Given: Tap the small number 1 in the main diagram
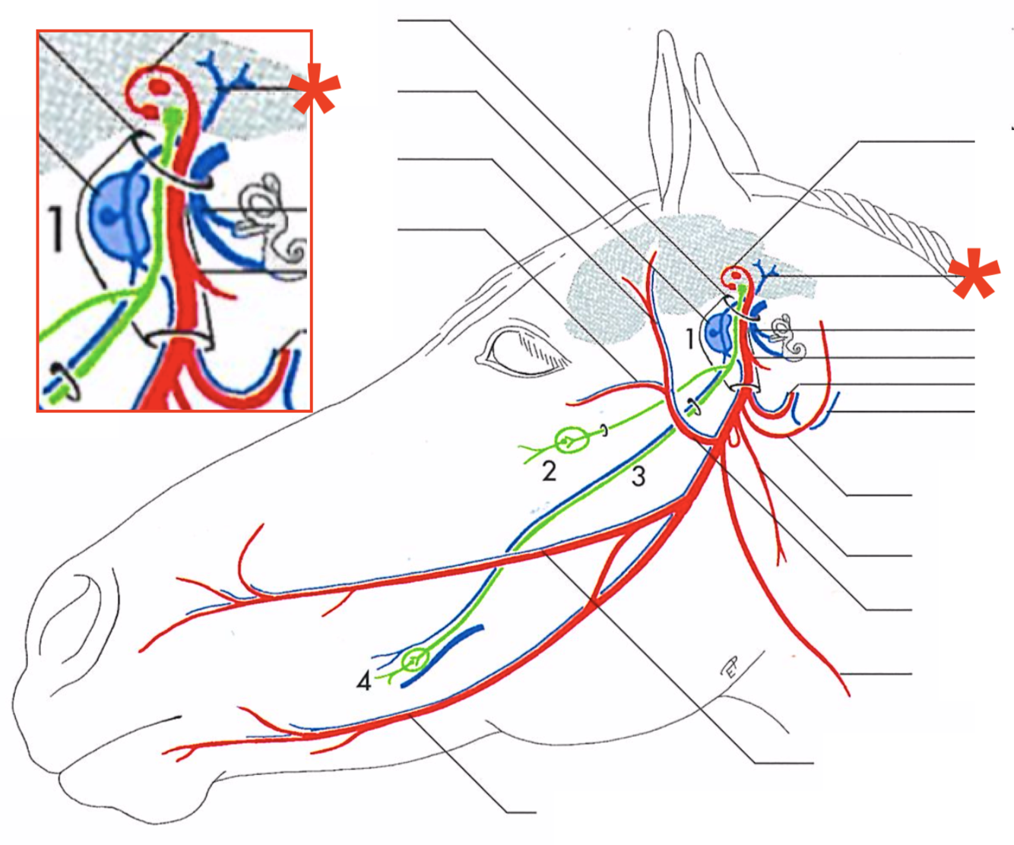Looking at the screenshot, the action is tap(690, 338).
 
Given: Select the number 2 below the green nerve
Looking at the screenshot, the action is tap(549, 471).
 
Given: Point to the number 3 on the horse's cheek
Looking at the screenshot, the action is tap(639, 476).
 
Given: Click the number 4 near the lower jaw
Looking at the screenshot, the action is tap(364, 682).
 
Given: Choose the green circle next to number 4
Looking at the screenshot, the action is tap(415, 659).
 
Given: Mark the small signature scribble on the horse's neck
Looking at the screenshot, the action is tap(729, 668).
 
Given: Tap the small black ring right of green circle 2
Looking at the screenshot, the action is tap(604, 432).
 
